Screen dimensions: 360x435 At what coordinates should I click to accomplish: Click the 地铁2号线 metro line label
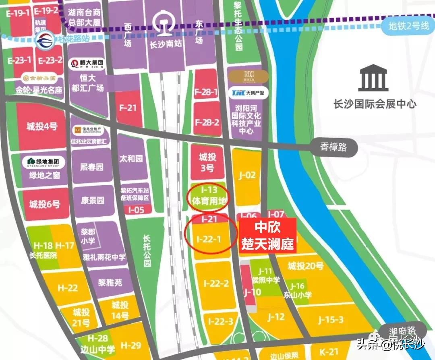pos(408,27)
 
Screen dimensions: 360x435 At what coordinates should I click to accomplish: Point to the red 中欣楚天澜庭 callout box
pos(268,236)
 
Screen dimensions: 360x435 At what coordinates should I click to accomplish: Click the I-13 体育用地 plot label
pos(208,196)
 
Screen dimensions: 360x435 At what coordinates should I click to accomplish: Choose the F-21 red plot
pos(129,108)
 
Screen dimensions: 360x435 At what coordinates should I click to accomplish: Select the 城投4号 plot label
pos(42,126)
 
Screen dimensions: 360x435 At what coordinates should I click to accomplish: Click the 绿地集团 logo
pos(43,162)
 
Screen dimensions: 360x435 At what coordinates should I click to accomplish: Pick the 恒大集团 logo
pos(87,64)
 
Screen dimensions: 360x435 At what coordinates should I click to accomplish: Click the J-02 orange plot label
pos(247,175)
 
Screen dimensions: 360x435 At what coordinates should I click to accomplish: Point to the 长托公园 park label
pos(147,250)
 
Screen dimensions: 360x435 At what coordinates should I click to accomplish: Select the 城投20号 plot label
pos(306,266)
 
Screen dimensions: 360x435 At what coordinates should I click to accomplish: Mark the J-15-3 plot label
pos(330,320)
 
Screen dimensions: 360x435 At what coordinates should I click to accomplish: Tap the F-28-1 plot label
pos(207,92)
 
